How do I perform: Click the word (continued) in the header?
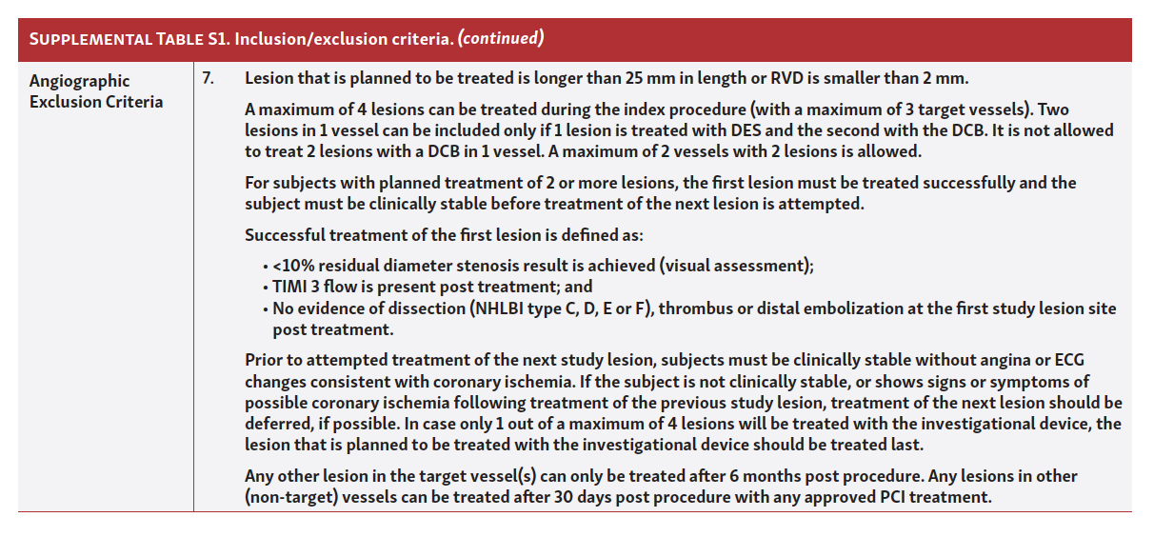click(x=501, y=39)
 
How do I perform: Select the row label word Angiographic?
click(x=79, y=81)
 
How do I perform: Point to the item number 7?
click(x=208, y=78)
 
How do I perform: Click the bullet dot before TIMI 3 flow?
click(x=264, y=288)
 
